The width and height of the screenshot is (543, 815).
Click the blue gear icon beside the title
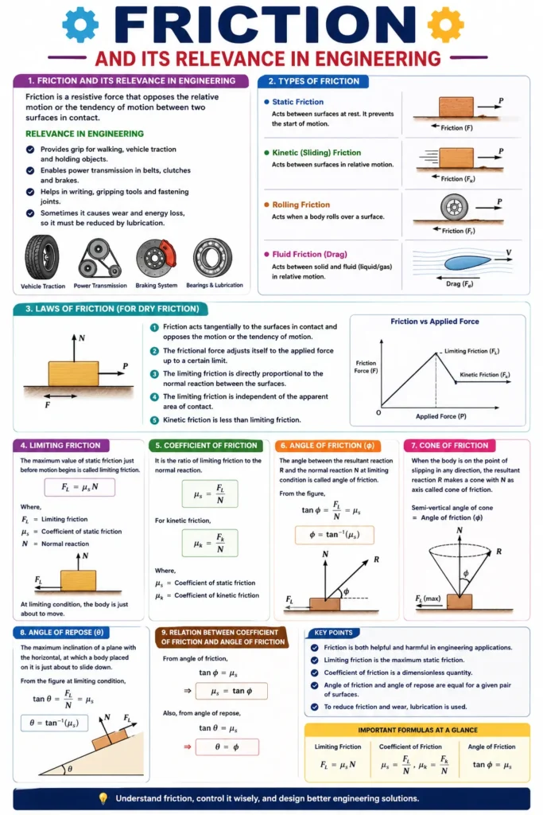pyautogui.click(x=80, y=25)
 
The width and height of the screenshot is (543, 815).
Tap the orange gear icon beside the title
pyautogui.click(x=445, y=25)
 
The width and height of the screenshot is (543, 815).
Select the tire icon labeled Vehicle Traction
pyautogui.click(x=41, y=257)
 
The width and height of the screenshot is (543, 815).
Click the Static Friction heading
pyautogui.click(x=297, y=102)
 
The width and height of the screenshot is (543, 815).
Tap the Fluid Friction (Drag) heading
pyautogui.click(x=311, y=255)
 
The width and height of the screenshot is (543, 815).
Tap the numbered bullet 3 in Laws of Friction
pyautogui.click(x=155, y=373)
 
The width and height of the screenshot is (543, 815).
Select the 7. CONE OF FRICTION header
pyautogui.click(x=448, y=446)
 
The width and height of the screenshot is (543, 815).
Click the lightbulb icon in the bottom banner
pyautogui.click(x=103, y=798)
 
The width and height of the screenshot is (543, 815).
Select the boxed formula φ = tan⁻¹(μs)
pyautogui.click(x=334, y=535)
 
